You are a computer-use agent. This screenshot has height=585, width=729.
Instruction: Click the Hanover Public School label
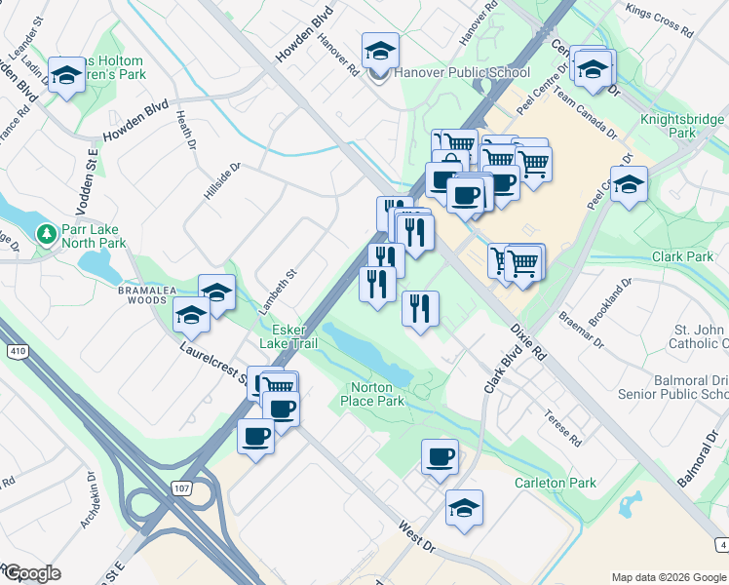[x=462, y=72]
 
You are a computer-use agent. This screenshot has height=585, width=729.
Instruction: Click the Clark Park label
[x=684, y=256]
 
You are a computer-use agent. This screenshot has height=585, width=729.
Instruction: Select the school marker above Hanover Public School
[x=380, y=50]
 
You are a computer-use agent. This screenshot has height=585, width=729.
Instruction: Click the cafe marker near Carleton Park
[x=440, y=455]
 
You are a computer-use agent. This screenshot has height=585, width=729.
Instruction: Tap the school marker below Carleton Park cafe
[x=464, y=507]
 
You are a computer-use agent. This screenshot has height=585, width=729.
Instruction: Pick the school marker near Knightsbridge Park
[x=629, y=182]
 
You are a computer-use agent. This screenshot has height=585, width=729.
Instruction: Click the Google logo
[x=32, y=573]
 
